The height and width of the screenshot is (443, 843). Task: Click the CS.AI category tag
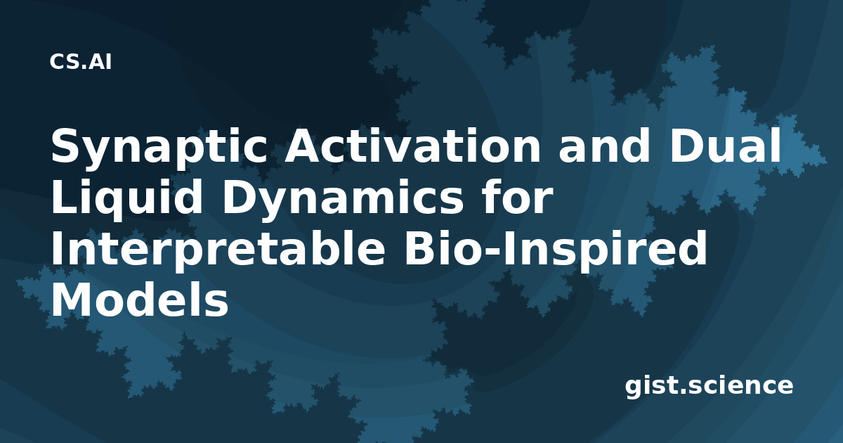(x=81, y=62)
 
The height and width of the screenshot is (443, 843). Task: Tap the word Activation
(x=413, y=146)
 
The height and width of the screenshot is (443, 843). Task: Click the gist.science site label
(x=709, y=386)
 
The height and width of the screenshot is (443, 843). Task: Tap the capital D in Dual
(x=686, y=146)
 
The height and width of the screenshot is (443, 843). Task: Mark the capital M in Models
(x=72, y=300)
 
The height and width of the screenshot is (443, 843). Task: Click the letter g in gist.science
(x=634, y=387)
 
